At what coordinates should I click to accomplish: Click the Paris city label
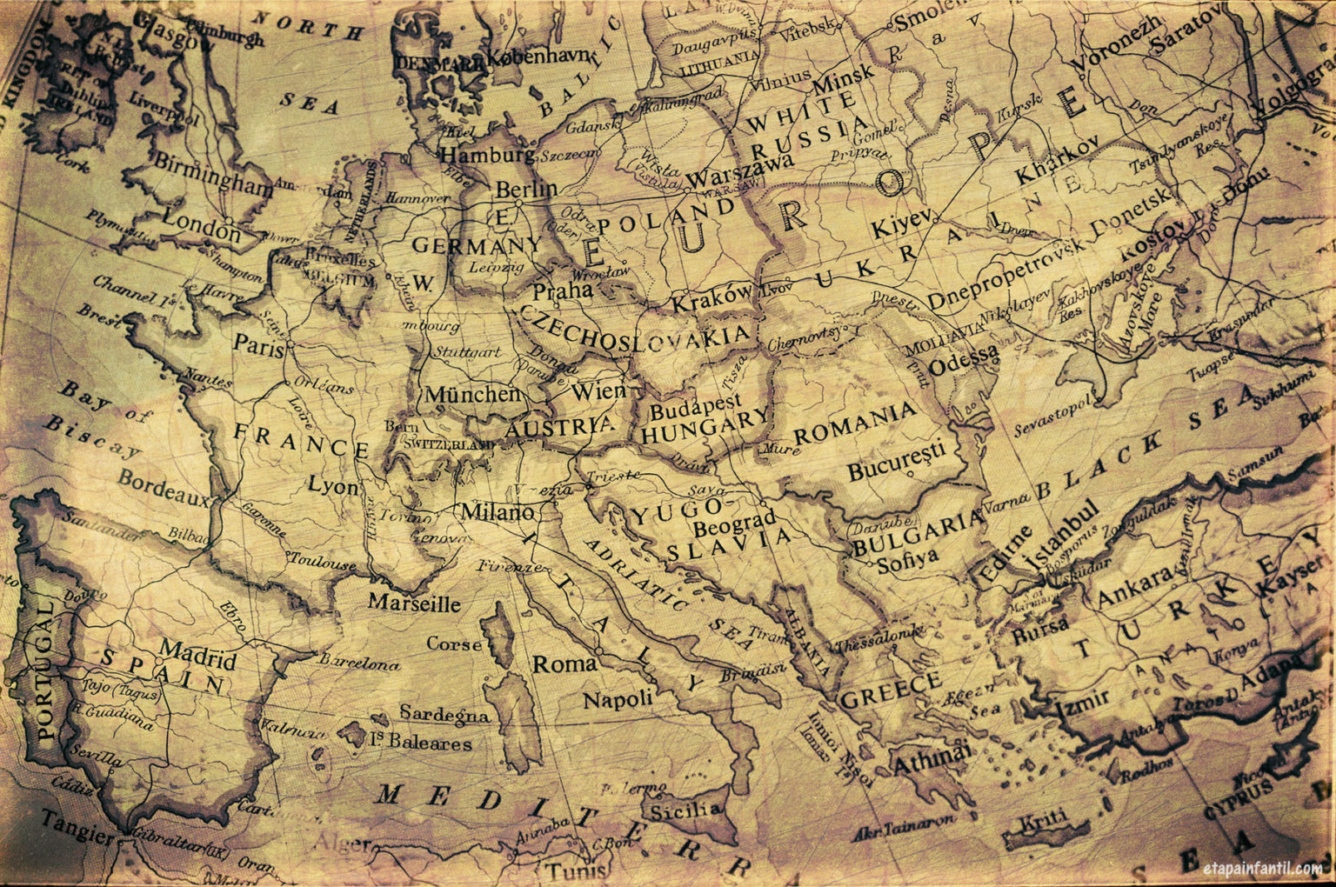(258, 346)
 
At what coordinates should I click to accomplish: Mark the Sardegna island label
(444, 715)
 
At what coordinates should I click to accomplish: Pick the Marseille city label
(413, 603)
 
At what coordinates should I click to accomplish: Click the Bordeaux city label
(164, 489)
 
